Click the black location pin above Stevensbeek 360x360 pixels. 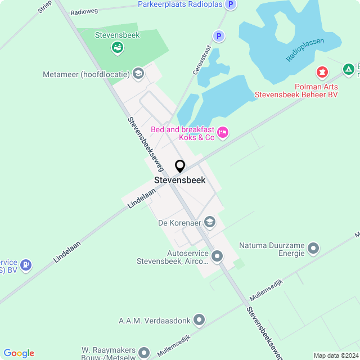[x=180, y=166]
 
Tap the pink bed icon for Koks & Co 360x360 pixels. [x=223, y=132]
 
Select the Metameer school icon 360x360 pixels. [x=138, y=73]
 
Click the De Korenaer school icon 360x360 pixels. [x=210, y=222]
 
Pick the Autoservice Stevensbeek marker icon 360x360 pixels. [x=217, y=256]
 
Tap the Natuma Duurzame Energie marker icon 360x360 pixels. [x=313, y=247]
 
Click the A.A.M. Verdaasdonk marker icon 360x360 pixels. [x=199, y=321]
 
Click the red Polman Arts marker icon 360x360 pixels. [x=322, y=72]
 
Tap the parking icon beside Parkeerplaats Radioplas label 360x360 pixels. [x=230, y=4]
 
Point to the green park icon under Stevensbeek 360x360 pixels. [x=117, y=48]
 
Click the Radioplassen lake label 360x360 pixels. [x=305, y=50]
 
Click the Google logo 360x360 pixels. [x=19, y=353]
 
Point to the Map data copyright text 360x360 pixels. [x=335, y=355]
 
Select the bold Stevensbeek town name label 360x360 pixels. [x=180, y=181]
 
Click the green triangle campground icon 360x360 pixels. [x=349, y=69]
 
